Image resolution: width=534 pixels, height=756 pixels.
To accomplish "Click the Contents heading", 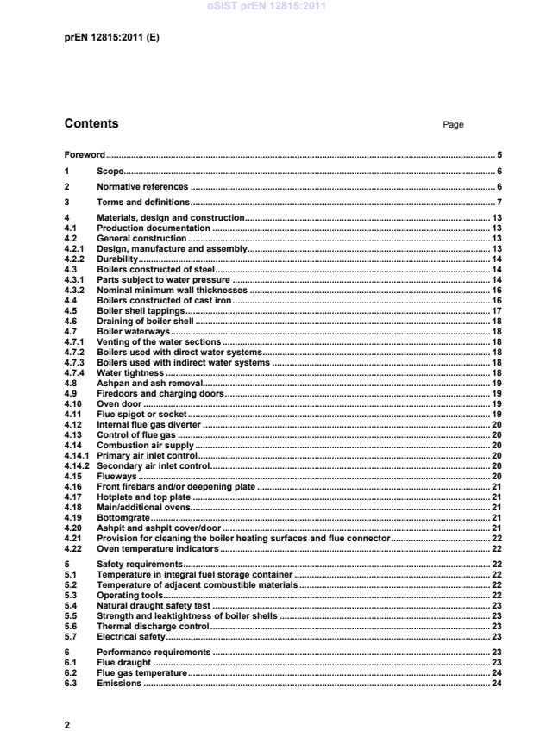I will [x=91, y=123].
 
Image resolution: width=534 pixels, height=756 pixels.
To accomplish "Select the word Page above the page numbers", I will [x=453, y=124].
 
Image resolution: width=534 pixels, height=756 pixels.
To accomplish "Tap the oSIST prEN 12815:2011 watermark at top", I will [x=267, y=6].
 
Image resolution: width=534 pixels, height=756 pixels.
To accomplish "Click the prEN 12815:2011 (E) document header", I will [x=112, y=38].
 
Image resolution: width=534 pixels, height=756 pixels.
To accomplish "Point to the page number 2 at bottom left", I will [x=67, y=725].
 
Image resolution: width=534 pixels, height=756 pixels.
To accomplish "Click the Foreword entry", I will [x=85, y=155].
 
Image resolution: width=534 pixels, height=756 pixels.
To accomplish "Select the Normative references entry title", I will [x=141, y=186].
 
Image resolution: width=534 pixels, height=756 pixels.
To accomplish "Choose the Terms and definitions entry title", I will [x=142, y=202].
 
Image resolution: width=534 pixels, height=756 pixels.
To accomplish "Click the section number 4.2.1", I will [x=75, y=248].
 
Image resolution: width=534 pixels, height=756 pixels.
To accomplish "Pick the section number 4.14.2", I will [x=79, y=465].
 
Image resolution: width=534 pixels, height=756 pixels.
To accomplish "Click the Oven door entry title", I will [x=119, y=403].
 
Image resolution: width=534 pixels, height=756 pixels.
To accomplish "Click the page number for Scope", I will [x=499, y=171].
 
